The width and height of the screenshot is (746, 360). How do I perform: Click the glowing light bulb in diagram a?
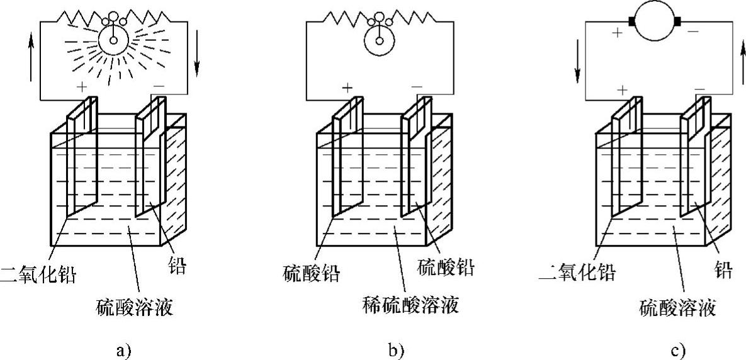[x=114, y=40]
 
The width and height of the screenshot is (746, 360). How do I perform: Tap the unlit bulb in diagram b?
[x=379, y=40]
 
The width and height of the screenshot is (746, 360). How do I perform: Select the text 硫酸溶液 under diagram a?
[x=135, y=308]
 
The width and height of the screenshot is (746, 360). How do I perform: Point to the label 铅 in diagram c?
[x=724, y=271]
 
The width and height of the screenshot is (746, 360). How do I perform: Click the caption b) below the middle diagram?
[x=396, y=349]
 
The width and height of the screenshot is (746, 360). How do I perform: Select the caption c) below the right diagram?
[x=678, y=349]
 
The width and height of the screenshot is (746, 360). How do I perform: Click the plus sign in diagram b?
[x=347, y=87]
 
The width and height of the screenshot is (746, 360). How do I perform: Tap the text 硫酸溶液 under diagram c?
[x=677, y=308]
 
